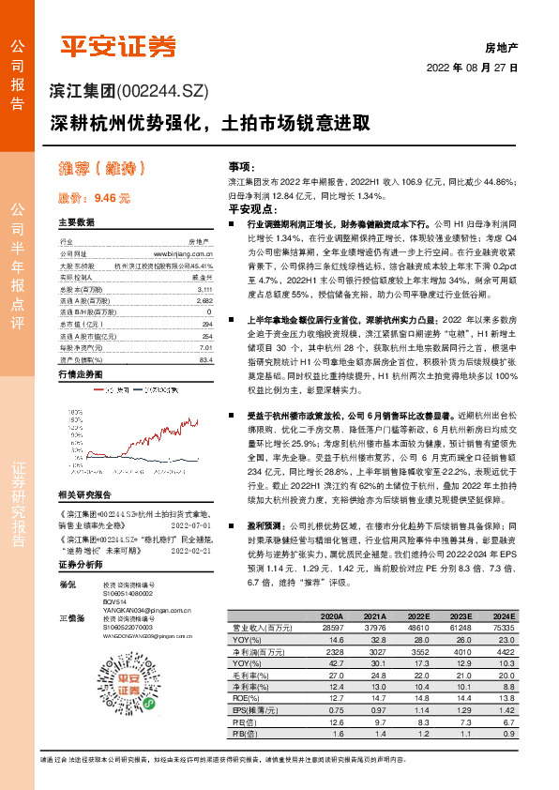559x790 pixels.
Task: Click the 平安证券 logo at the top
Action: point(118,45)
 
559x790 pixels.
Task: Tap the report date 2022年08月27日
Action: point(473,68)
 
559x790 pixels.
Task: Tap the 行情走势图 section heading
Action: point(80,373)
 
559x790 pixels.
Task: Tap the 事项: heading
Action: point(243,164)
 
